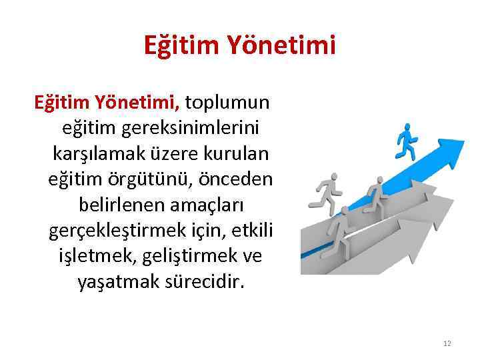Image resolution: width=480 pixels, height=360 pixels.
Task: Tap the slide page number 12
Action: [447, 343]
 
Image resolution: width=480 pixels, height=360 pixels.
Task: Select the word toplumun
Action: [227, 103]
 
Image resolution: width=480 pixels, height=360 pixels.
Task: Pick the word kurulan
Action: [241, 153]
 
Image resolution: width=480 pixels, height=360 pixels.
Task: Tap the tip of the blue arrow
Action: [462, 142]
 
